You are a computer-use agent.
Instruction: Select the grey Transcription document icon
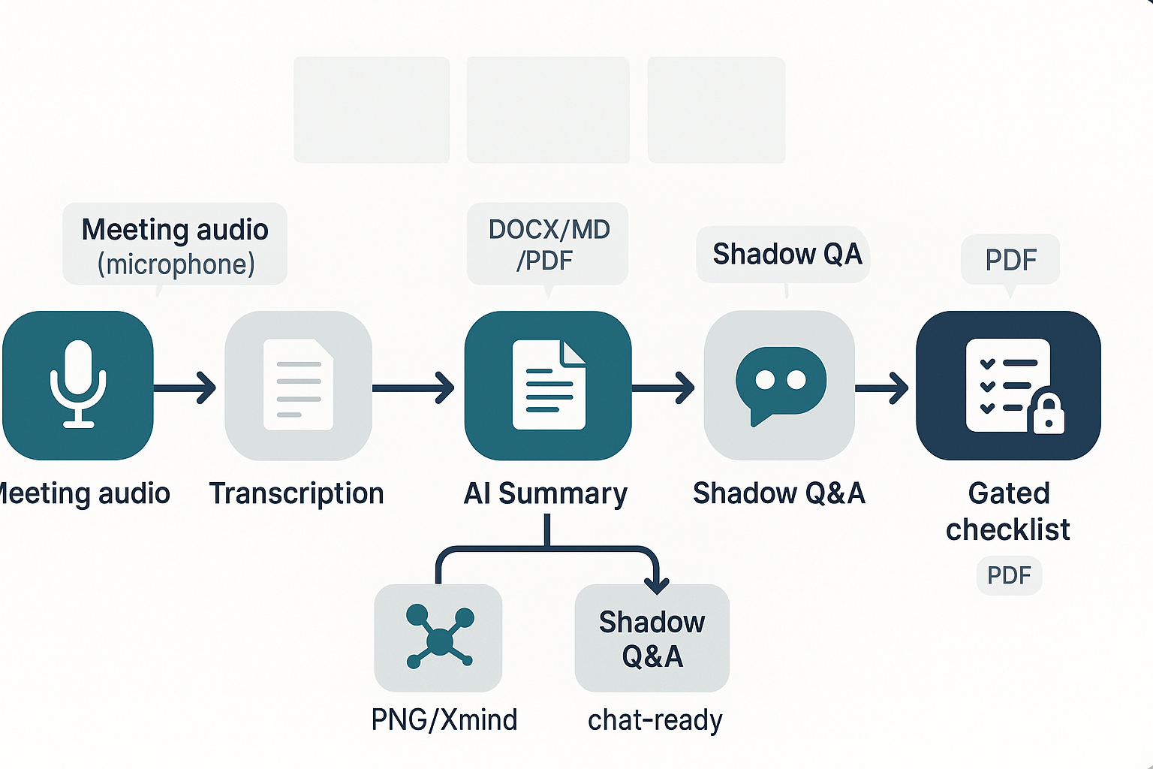(x=298, y=384)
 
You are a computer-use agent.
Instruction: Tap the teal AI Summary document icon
(x=548, y=384)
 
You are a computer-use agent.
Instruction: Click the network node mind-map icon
(x=439, y=638)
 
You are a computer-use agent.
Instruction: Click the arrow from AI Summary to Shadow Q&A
(x=664, y=388)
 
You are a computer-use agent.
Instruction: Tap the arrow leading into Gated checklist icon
(x=883, y=388)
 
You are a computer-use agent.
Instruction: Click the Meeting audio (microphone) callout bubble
(x=175, y=245)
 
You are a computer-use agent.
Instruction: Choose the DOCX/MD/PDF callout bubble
(x=548, y=244)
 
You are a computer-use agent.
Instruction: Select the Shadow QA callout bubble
(x=784, y=255)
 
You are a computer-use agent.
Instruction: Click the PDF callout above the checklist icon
(x=1010, y=260)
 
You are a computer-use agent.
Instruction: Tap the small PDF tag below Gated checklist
(x=1009, y=575)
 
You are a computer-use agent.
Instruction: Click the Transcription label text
(x=297, y=493)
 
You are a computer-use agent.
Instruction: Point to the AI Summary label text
(x=546, y=493)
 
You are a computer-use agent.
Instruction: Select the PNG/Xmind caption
(x=444, y=719)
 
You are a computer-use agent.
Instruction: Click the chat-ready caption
(x=655, y=719)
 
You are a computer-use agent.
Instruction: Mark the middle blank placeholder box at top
(x=548, y=110)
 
